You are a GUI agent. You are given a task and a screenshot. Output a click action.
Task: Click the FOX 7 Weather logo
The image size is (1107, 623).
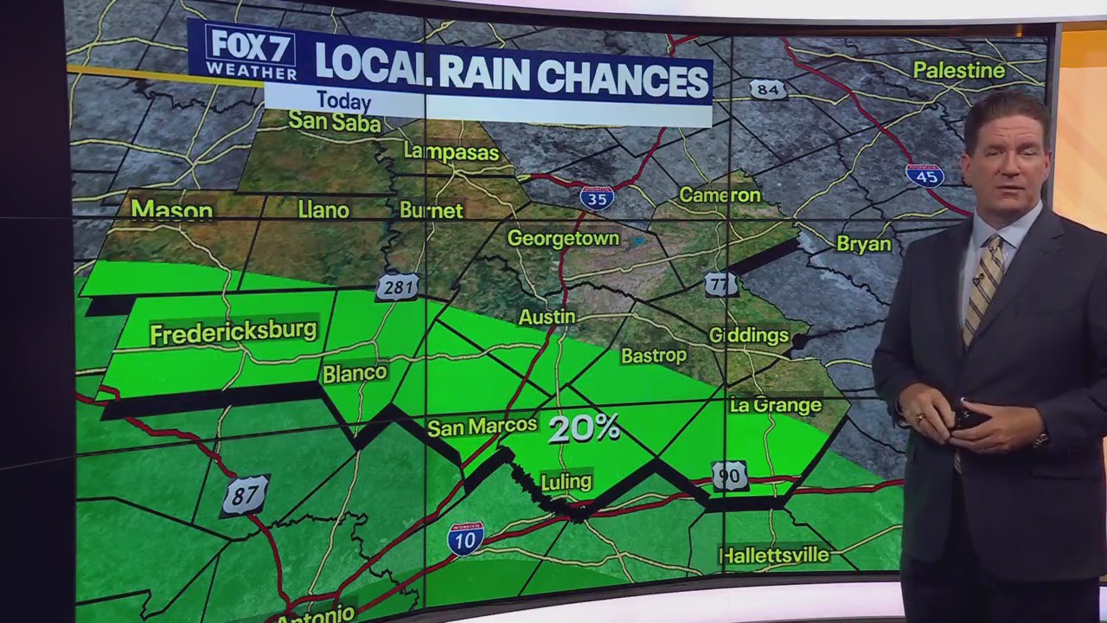coord(250,53)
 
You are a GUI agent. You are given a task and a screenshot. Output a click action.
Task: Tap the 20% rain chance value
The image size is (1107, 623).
coord(585,428)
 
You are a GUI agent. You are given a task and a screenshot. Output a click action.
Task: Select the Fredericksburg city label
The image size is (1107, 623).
coord(234,332)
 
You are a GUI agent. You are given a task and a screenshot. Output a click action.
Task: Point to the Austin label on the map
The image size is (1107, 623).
coord(547,318)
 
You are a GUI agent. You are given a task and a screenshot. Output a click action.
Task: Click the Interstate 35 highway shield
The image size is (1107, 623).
coord(597,198)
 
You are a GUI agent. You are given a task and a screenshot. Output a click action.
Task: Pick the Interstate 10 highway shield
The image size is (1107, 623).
coord(465,538)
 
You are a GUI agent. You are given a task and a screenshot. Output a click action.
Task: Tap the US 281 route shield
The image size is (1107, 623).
coord(398,287)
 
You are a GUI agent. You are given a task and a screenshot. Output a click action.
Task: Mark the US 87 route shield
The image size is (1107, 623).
coord(245,496)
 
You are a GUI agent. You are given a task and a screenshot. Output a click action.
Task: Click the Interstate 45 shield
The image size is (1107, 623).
coord(924,174)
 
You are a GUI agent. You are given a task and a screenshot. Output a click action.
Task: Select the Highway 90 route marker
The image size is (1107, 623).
coord(729,475)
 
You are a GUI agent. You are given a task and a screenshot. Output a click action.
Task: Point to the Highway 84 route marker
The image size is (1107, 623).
coord(768,89)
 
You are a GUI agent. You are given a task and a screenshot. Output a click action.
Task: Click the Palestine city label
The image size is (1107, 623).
coord(959,70)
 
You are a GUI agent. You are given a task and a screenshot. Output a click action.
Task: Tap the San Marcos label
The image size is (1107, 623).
coord(483,427)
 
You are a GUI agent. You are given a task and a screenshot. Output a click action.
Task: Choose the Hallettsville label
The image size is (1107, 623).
coord(774,555)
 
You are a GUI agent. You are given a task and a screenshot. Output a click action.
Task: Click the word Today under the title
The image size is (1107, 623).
coord(343,101)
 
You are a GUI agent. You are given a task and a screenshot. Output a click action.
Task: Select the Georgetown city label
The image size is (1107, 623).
coord(563,238)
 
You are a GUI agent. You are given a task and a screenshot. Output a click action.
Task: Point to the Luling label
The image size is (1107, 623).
coord(566,481)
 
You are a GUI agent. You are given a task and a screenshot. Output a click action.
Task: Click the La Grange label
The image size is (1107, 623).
coord(775,405)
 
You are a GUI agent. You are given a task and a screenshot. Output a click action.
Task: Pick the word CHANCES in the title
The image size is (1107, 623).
coord(624,79)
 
